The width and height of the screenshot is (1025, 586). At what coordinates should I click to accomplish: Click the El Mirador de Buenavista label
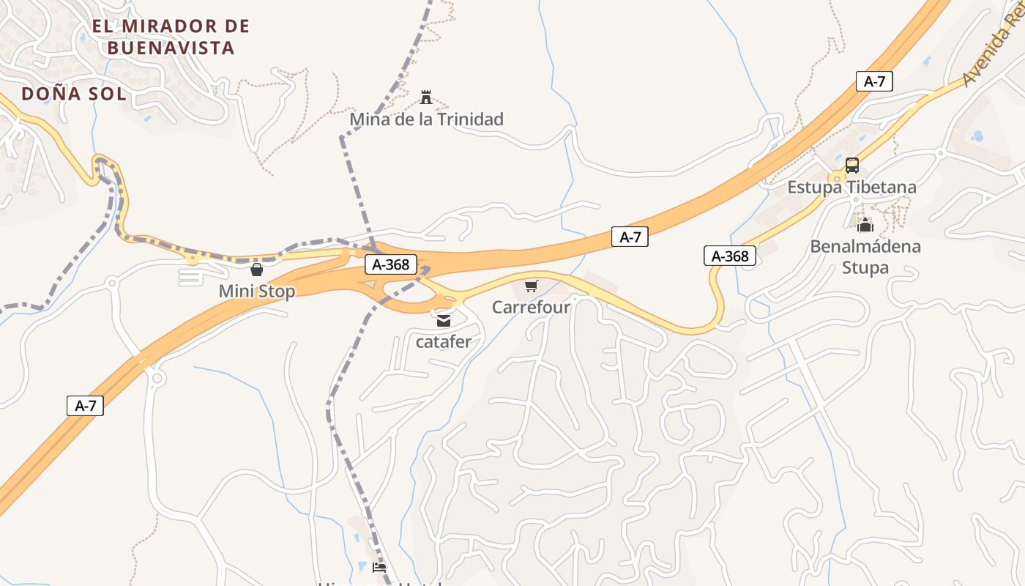click(171, 37)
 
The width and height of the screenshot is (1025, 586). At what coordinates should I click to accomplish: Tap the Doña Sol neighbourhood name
click(73, 94)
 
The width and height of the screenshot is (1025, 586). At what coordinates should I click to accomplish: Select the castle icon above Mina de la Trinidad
click(426, 97)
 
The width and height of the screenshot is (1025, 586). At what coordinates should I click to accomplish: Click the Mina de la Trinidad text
click(426, 119)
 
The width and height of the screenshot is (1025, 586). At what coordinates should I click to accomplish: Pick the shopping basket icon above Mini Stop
click(256, 270)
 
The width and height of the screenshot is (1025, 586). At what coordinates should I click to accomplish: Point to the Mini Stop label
click(256, 292)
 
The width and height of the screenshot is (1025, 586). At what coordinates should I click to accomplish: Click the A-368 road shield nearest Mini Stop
click(391, 264)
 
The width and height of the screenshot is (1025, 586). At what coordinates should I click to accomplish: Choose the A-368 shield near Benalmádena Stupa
click(730, 256)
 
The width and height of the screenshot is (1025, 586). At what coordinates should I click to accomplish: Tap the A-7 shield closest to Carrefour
click(630, 237)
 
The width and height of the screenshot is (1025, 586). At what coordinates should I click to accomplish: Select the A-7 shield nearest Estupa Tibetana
click(874, 81)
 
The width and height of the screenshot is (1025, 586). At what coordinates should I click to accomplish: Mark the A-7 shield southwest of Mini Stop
click(85, 405)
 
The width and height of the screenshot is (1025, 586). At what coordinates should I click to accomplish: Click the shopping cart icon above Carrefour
click(531, 286)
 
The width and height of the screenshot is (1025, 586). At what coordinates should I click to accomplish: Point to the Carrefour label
click(531, 307)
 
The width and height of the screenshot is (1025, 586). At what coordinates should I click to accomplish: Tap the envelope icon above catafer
click(444, 320)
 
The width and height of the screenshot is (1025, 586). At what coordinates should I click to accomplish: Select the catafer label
click(444, 341)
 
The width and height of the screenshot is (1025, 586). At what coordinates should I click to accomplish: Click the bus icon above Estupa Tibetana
click(851, 165)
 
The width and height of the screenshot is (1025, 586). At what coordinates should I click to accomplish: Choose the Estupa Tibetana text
click(851, 187)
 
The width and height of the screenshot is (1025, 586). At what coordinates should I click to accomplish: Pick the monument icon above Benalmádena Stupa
click(865, 224)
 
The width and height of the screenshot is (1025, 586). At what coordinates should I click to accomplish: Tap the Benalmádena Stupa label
click(865, 256)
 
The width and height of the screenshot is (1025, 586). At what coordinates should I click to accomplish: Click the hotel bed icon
click(379, 567)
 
